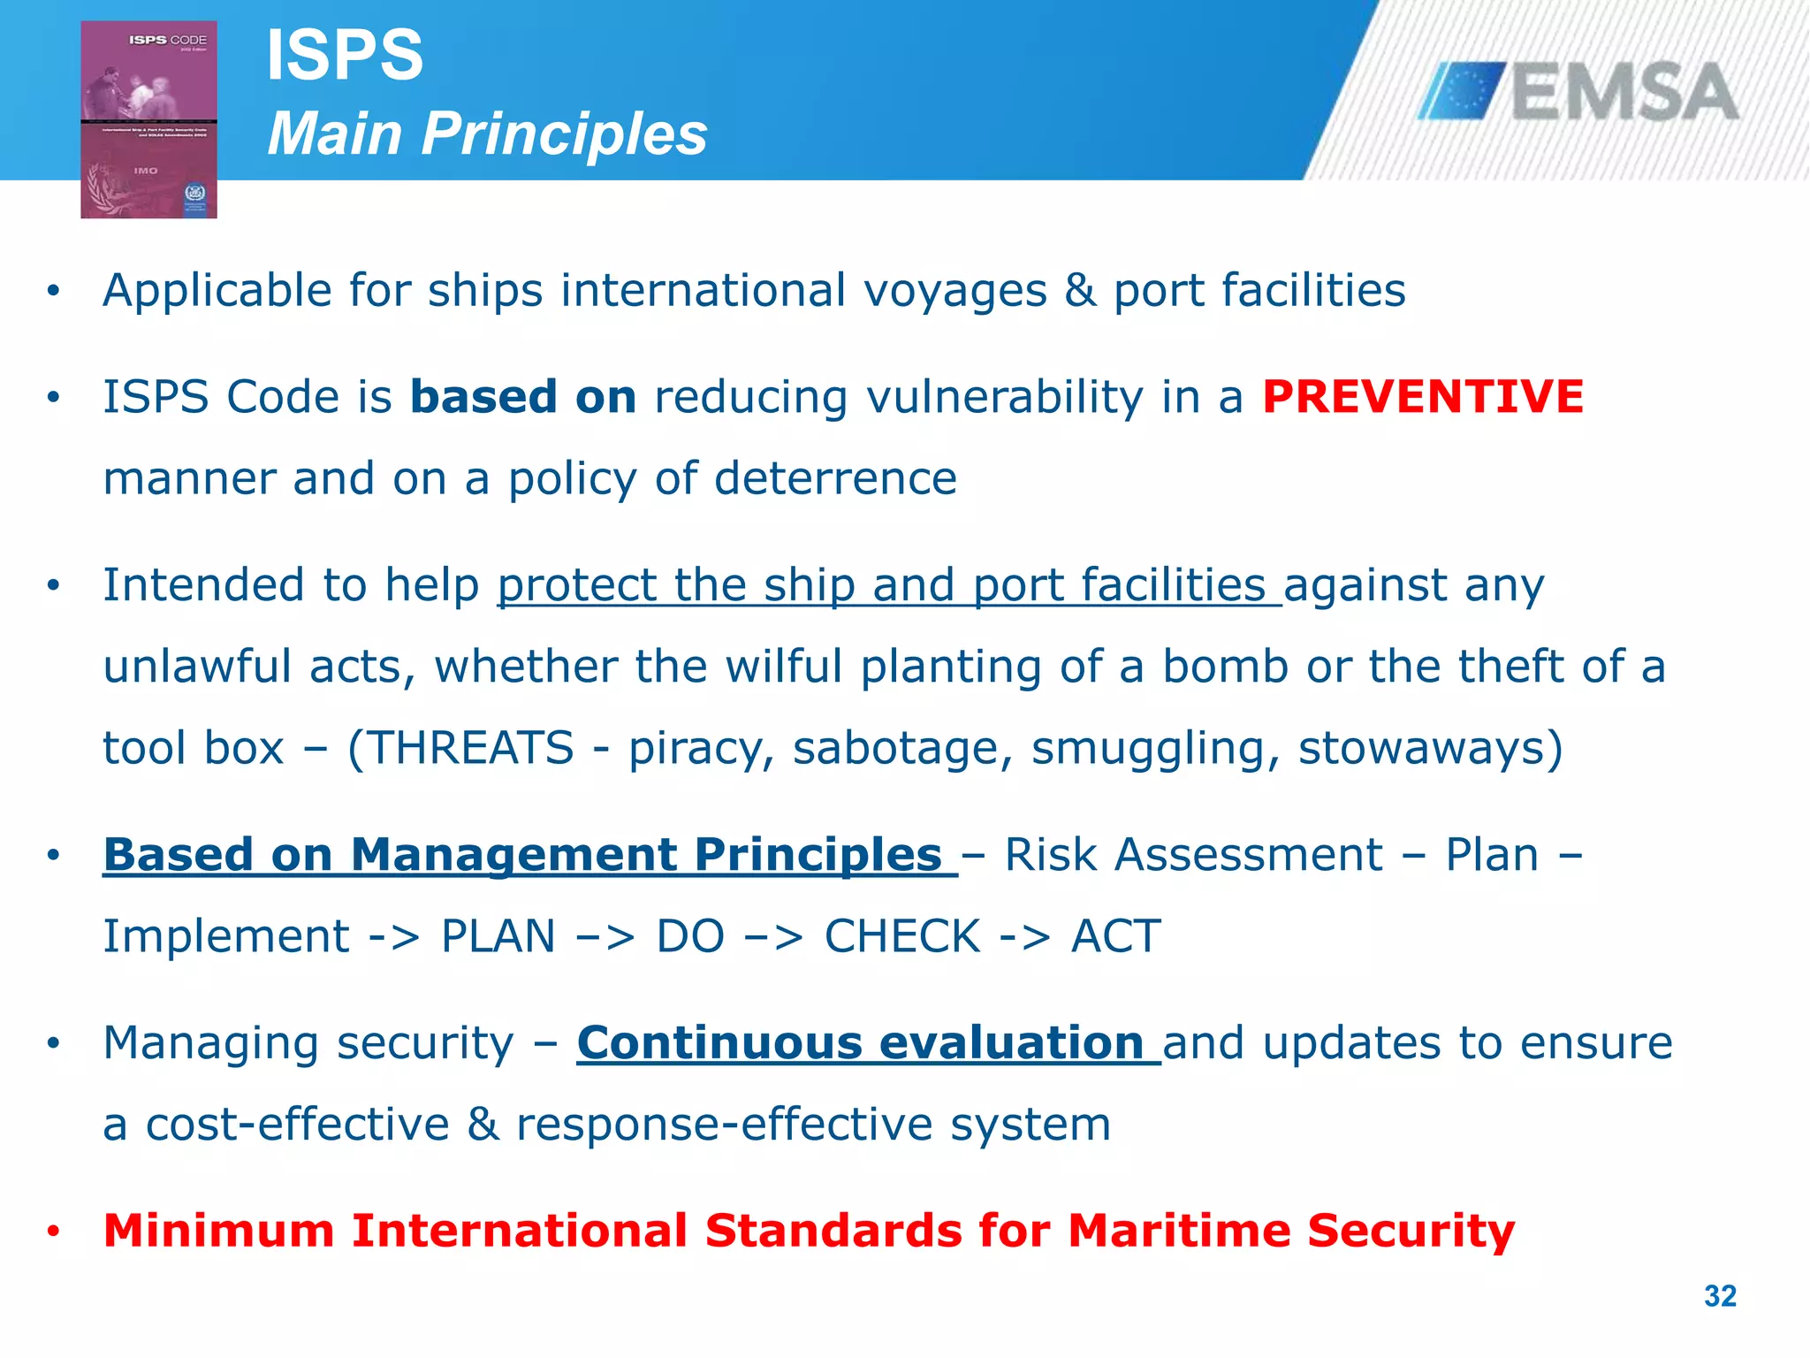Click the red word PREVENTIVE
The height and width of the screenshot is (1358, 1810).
[x=1422, y=397]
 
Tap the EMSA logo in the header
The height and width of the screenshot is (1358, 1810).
[x=1578, y=92]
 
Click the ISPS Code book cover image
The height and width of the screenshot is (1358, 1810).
[x=148, y=119]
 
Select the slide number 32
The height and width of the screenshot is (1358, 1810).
[x=1720, y=1296]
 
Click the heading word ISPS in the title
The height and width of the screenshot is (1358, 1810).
[x=345, y=56]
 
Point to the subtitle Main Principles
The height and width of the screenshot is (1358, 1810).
[x=487, y=134]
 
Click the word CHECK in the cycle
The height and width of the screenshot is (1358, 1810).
[x=902, y=936]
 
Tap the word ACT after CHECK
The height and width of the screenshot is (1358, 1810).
[x=1115, y=936]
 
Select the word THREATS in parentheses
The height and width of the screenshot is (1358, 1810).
[x=470, y=748]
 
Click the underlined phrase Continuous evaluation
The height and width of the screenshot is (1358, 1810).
[x=867, y=1043]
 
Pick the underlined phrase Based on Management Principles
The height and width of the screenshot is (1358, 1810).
[x=529, y=855]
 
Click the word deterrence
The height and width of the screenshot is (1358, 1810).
[x=835, y=478]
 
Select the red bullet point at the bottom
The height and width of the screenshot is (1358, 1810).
[x=54, y=1232]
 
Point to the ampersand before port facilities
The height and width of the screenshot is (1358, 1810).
[x=1079, y=291]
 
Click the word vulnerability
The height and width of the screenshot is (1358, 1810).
[x=1004, y=397]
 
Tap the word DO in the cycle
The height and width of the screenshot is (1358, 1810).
[x=690, y=936]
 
